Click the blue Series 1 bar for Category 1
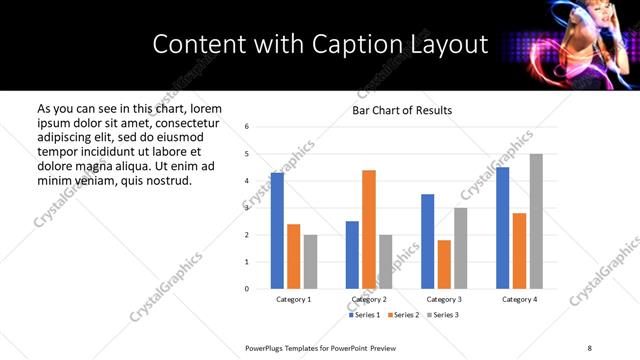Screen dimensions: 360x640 [277, 230]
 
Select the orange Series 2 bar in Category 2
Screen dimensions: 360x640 [369, 229]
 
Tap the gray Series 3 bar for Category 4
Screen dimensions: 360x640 [536, 221]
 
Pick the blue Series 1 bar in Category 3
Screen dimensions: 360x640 [427, 241]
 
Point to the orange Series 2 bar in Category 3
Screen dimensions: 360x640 [444, 264]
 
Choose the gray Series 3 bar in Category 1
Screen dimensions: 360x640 [310, 261]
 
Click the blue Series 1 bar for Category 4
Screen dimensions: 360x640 [503, 227]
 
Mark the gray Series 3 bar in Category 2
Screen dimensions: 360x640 [385, 261]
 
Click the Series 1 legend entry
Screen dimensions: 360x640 [364, 315]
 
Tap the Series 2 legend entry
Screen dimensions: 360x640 [404, 315]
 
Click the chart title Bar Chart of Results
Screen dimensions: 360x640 [402, 110]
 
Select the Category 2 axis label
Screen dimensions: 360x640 [369, 299]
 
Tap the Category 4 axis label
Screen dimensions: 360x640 [519, 299]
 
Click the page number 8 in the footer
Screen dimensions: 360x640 [590, 347]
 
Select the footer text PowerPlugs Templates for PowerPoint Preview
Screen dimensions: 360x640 [321, 347]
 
